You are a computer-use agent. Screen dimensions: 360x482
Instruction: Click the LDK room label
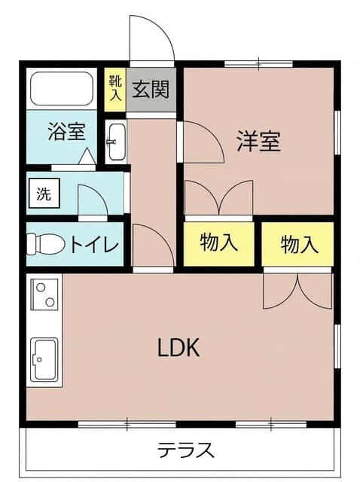tap(178, 347)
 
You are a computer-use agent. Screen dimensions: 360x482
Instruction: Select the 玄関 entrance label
tap(151, 89)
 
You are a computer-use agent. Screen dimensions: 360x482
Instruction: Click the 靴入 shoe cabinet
tap(115, 90)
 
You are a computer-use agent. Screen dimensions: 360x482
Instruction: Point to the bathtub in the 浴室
tap(62, 89)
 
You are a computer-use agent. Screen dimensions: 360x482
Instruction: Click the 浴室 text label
tap(67, 132)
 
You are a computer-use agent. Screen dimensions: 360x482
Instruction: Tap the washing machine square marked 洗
tap(44, 193)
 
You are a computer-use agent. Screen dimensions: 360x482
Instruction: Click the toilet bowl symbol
tap(46, 244)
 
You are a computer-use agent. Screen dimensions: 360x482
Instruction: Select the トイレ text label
tap(94, 244)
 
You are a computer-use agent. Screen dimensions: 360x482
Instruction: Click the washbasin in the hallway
tap(115, 142)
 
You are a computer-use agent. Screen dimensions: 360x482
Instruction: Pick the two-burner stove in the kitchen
tap(45, 294)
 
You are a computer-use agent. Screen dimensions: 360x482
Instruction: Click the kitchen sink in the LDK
tap(45, 360)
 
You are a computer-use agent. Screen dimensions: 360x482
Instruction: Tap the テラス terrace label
tap(186, 450)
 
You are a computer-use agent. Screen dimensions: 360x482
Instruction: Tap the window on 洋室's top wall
tap(258, 64)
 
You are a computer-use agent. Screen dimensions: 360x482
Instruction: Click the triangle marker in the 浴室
tap(87, 156)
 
